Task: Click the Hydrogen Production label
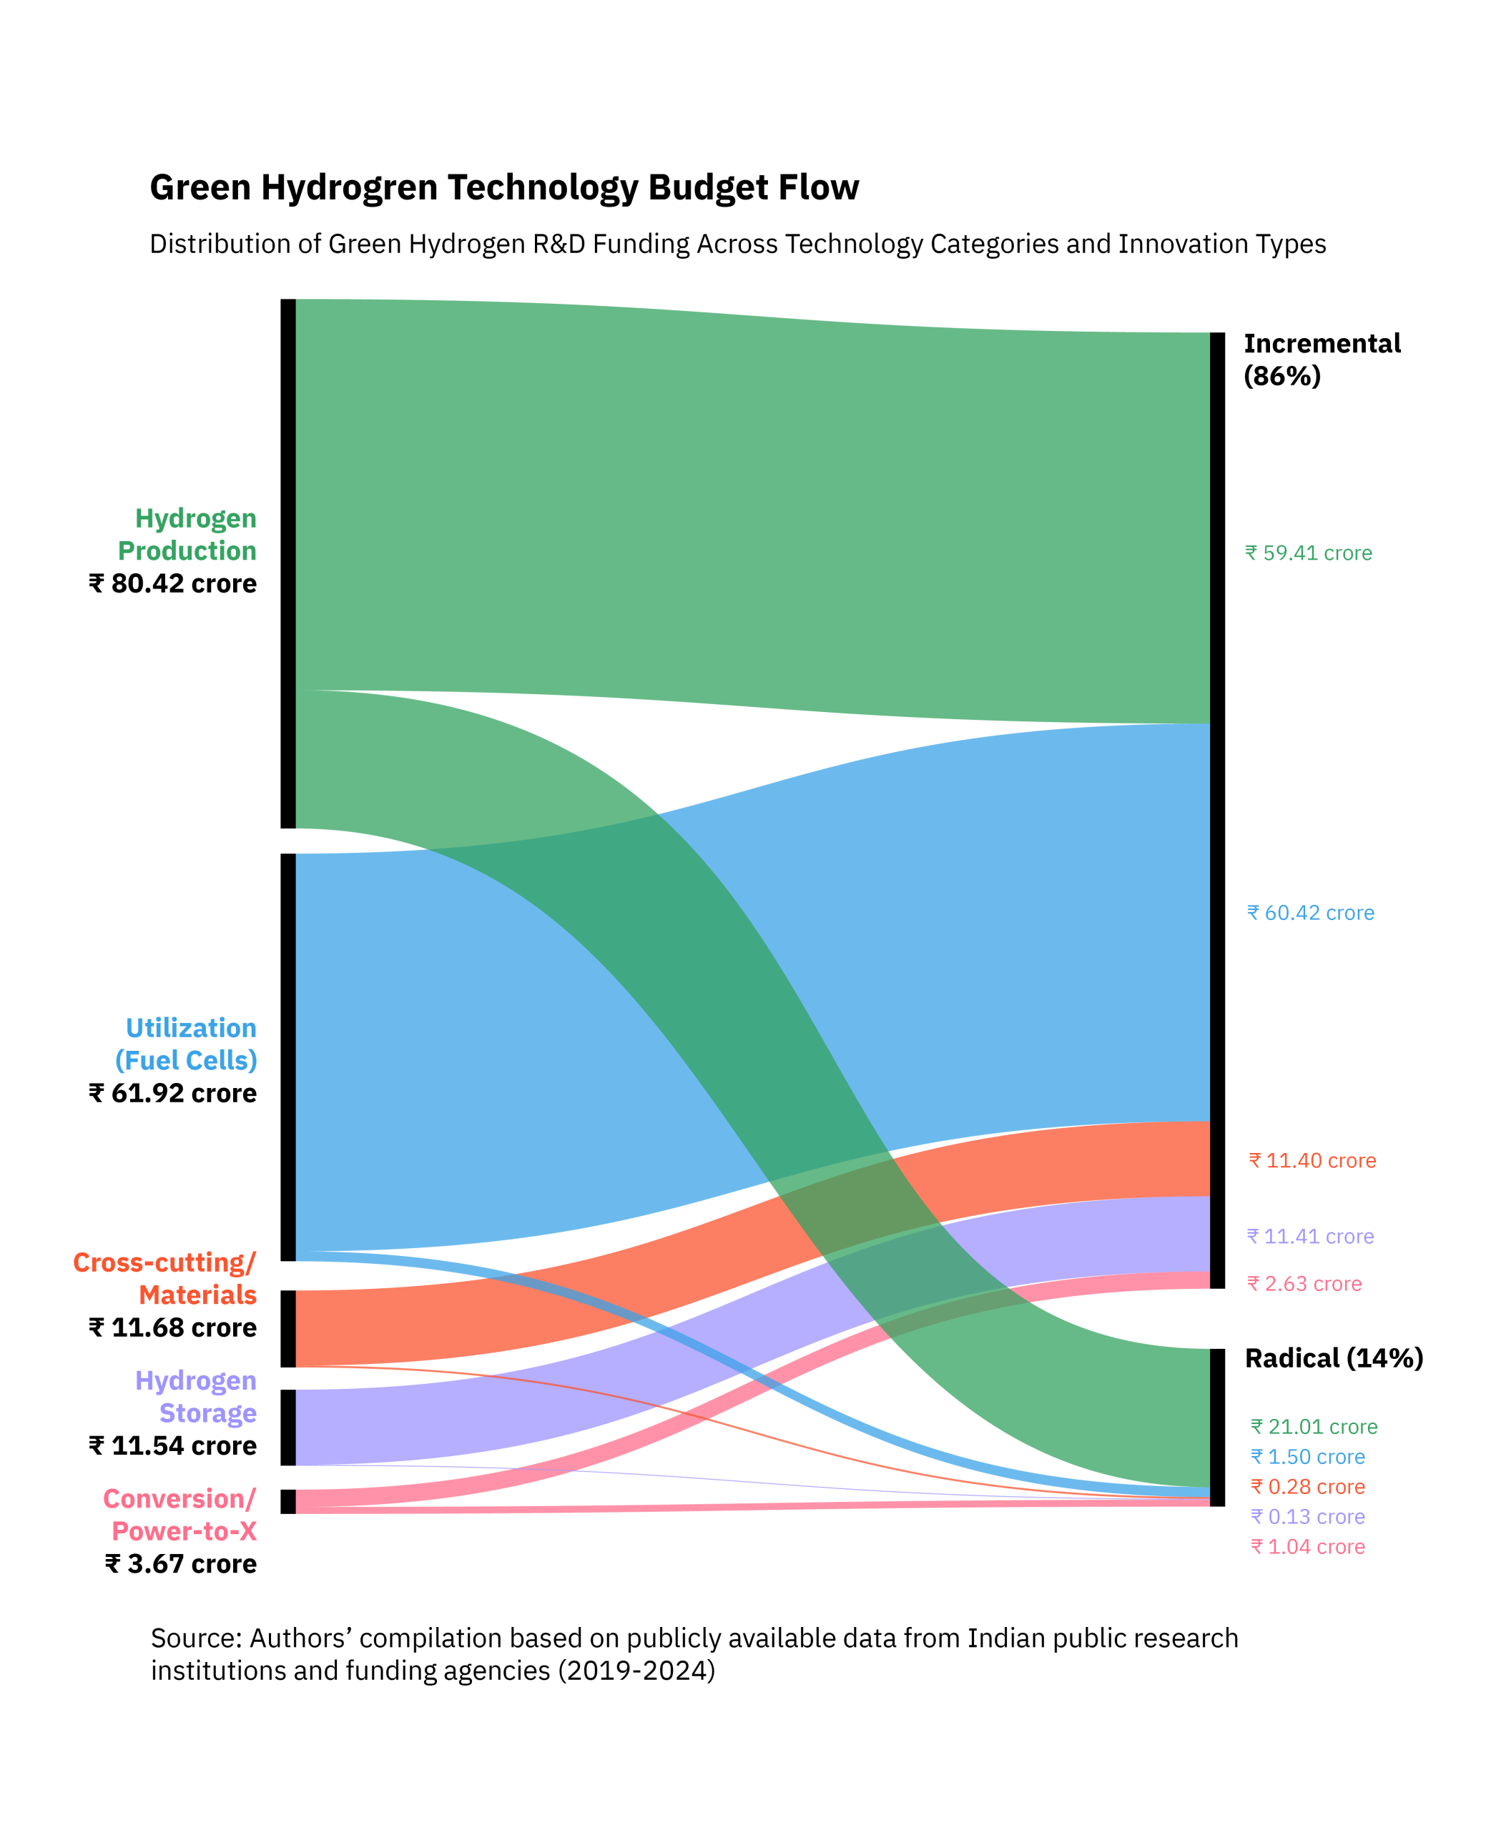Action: point(187,534)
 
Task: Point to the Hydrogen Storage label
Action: point(196,1396)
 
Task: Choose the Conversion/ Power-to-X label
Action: point(180,1514)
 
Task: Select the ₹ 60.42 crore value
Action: point(1311,914)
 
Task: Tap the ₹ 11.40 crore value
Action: point(1312,1162)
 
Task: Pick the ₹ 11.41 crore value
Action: point(1311,1237)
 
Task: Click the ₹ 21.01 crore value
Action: point(1314,1427)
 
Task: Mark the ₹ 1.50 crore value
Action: point(1308,1457)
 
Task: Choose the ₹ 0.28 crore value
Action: point(1308,1488)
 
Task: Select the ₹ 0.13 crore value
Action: point(1308,1517)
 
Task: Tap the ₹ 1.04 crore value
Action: point(1308,1547)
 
